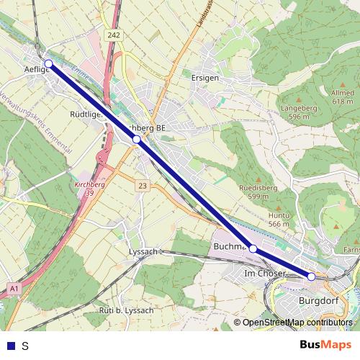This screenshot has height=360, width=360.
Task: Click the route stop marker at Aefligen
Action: [x=49, y=64]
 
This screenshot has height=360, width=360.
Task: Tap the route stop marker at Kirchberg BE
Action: [x=136, y=139]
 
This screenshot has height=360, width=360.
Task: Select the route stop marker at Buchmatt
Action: [x=253, y=248]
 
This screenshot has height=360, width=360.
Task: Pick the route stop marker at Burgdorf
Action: [x=312, y=276]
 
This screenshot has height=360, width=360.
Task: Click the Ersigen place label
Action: [x=205, y=76]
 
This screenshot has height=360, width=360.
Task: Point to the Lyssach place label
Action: [x=142, y=251]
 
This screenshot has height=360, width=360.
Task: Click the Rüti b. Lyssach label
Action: [x=126, y=310]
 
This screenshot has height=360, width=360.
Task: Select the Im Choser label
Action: [x=264, y=274]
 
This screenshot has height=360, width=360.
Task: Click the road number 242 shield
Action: [x=113, y=35]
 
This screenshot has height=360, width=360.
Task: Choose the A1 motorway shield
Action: [x=14, y=288]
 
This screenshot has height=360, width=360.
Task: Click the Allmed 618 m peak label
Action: [x=343, y=98]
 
